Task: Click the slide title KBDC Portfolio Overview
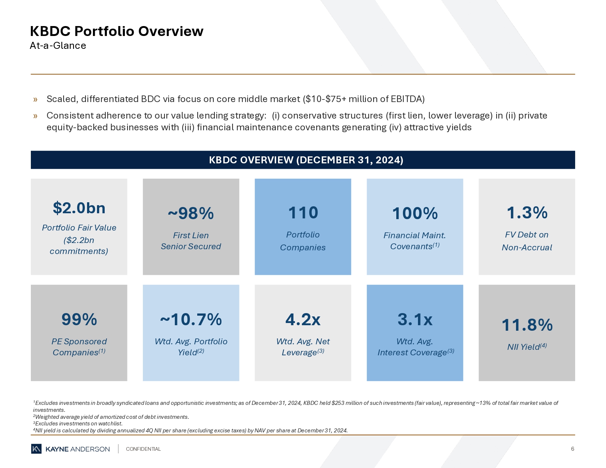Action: click(116, 31)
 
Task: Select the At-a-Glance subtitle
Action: click(58, 46)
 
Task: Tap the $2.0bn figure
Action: click(79, 208)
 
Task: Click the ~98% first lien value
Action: click(191, 213)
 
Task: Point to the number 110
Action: click(303, 213)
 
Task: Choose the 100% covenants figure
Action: click(415, 213)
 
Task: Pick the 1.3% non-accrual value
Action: click(527, 213)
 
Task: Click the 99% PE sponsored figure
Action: click(79, 319)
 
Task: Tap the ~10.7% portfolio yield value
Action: click(191, 319)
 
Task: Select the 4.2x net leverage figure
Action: click(303, 319)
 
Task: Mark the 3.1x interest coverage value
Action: click(415, 319)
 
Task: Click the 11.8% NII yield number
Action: click(527, 325)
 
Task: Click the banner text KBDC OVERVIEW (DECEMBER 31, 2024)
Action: click(306, 160)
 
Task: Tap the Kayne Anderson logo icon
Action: click(36, 449)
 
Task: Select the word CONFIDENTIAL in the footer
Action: click(143, 449)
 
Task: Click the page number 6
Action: click(572, 449)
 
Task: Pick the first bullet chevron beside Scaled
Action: click(35, 99)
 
